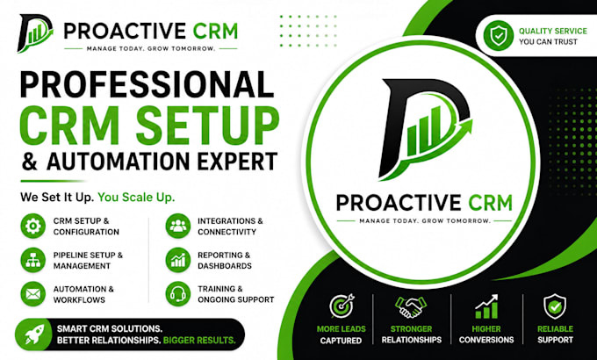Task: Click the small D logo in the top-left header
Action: [35, 33]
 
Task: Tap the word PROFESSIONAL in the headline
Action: [147, 84]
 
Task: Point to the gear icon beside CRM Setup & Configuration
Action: [32, 226]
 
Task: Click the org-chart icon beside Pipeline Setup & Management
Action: [32, 260]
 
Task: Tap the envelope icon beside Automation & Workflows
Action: [32, 294]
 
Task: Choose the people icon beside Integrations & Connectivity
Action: [178, 226]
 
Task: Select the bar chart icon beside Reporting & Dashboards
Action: [178, 260]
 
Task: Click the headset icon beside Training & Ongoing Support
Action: [178, 294]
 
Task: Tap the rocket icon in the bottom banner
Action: [34, 335]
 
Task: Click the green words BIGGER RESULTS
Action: [199, 340]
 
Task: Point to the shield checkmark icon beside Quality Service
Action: [499, 36]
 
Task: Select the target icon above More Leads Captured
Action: [342, 306]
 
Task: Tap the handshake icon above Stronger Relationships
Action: [411, 307]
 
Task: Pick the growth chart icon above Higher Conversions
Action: [486, 306]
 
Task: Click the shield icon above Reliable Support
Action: [555, 306]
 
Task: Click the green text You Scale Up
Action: [136, 198]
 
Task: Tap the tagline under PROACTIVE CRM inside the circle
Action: [425, 220]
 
